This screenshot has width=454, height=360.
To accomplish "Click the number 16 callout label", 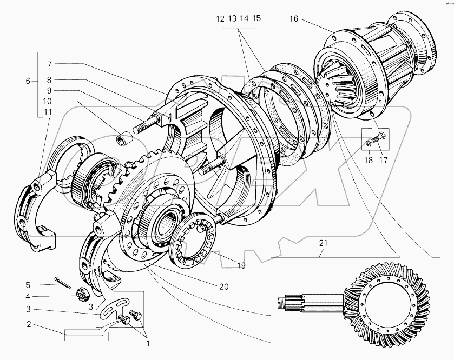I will click(x=293, y=18).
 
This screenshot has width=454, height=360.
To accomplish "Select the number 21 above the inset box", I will click(x=323, y=243).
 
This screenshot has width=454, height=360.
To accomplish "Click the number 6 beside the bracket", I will click(x=28, y=81).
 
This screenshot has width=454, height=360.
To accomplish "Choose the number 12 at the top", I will click(x=220, y=18).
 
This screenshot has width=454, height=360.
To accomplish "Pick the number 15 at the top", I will click(x=256, y=18).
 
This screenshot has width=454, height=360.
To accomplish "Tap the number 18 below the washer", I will click(x=370, y=145).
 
